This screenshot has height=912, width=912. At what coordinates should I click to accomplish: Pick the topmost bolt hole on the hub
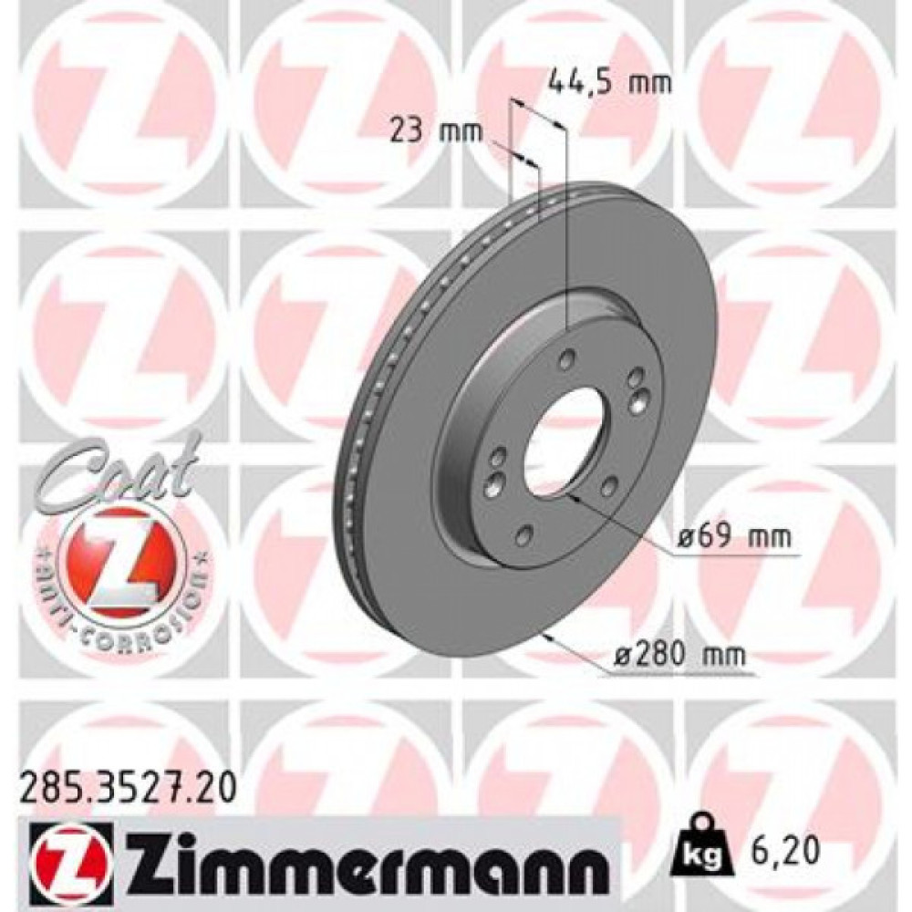click(x=568, y=358)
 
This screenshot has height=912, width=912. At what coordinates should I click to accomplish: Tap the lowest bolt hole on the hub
click(x=524, y=536)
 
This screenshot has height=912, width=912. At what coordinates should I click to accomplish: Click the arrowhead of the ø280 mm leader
click(x=545, y=636)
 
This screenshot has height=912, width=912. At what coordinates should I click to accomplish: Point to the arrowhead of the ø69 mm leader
click(x=572, y=498)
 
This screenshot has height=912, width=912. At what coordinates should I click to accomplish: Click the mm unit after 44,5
click(x=651, y=83)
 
